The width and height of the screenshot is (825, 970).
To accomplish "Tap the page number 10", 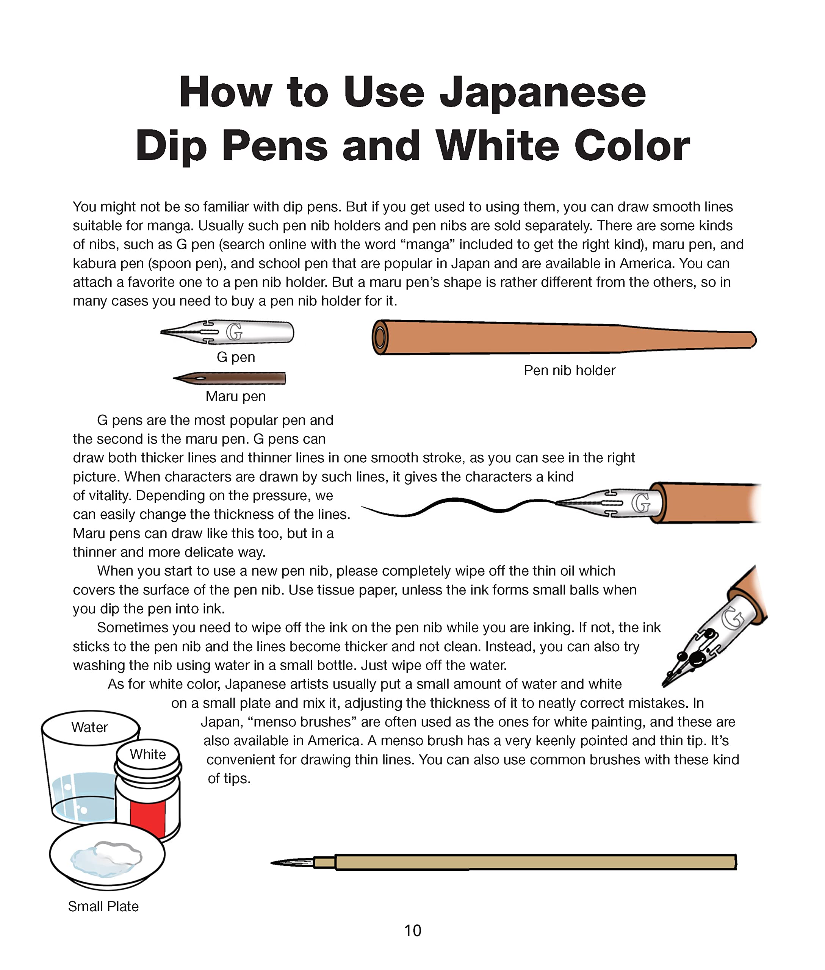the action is pos(412,931).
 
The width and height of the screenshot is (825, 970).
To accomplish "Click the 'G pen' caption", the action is pos(236,357).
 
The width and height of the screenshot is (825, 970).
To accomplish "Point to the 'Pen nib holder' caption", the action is pos(569,371).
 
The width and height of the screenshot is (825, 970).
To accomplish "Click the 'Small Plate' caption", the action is pos(103,906).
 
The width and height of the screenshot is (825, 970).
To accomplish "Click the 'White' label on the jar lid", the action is pos(148,754).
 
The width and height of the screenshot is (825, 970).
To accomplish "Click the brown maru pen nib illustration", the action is pos(229,378).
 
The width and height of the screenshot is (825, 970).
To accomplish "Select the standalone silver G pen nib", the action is pos(227,332).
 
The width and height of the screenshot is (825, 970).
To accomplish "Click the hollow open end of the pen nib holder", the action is pos(380,337).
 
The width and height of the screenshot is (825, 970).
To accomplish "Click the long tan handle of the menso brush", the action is pos(535,862).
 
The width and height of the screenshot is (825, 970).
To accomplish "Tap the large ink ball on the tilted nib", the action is pos(698,659).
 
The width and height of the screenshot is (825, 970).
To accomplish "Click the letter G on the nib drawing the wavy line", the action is pos(641,503).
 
